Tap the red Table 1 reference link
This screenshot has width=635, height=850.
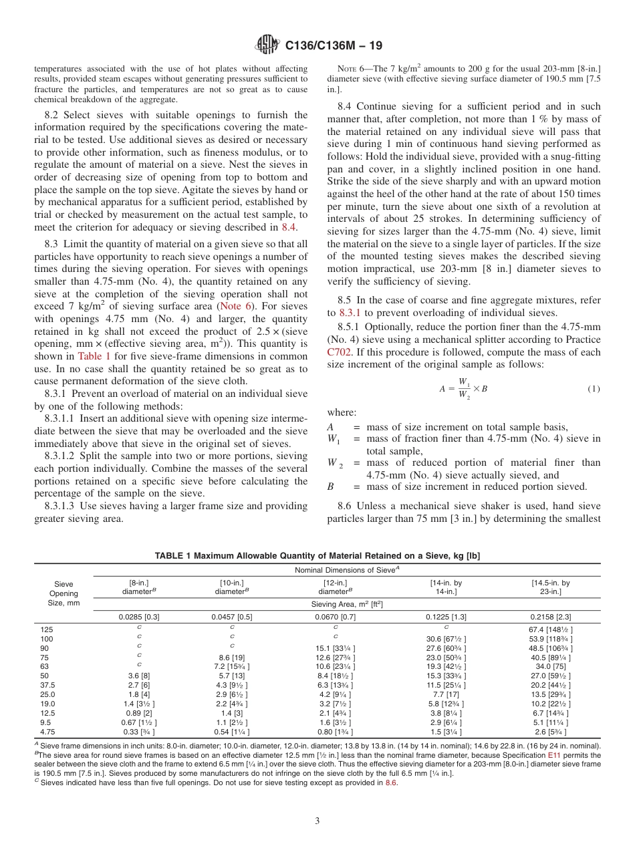click(94, 356)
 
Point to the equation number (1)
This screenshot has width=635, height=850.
click(593, 389)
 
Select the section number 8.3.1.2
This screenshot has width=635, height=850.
click(62, 456)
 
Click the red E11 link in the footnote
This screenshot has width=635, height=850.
click(555, 755)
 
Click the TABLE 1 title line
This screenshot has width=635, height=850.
click(317, 556)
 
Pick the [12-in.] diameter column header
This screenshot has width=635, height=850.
click(335, 587)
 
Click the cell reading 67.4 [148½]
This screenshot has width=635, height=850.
click(551, 629)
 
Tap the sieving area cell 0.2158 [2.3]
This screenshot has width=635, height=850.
click(551, 617)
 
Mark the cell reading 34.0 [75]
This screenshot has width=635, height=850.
click(551, 666)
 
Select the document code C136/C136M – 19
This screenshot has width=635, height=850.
click(334, 46)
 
